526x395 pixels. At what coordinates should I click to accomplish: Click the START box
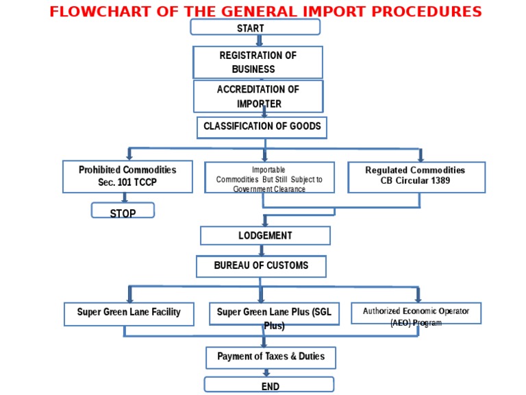point(255,27)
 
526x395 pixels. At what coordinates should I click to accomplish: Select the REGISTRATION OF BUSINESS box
point(258,62)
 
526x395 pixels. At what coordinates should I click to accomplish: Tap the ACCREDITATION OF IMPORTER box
point(258,96)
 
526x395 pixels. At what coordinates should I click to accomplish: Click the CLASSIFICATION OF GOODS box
point(262,127)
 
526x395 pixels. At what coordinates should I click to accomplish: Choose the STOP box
point(123,211)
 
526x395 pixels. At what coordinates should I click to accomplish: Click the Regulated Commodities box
point(416,177)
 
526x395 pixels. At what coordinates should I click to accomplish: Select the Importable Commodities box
point(269,178)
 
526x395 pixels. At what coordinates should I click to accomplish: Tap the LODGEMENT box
point(265,235)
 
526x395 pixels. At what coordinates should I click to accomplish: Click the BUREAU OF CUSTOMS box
point(261,266)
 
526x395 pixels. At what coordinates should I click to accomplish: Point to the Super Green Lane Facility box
point(129,313)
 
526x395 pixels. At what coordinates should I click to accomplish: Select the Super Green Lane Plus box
point(274,315)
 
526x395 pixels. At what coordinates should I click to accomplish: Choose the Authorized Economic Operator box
point(416,313)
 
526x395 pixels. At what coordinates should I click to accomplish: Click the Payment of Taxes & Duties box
point(271,357)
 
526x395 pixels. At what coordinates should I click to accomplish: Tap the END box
point(269,385)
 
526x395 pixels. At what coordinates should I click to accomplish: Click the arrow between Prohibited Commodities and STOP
point(125,197)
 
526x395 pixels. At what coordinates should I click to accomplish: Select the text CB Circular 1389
point(415,182)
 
